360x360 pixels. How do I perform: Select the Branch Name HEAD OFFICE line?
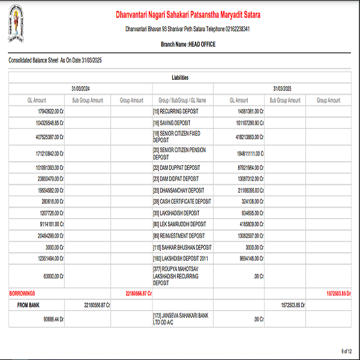click(x=187, y=44)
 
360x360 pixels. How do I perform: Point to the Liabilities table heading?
click(x=179, y=78)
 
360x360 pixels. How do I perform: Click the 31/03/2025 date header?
click(x=281, y=89)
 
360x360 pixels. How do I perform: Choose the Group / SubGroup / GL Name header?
click(x=182, y=100)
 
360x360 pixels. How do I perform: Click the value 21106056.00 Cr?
click(x=247, y=190)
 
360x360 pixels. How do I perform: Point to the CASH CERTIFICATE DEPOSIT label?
click(x=182, y=202)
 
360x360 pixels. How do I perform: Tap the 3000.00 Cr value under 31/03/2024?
click(x=54, y=247)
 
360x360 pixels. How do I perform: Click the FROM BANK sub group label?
click(x=29, y=305)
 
